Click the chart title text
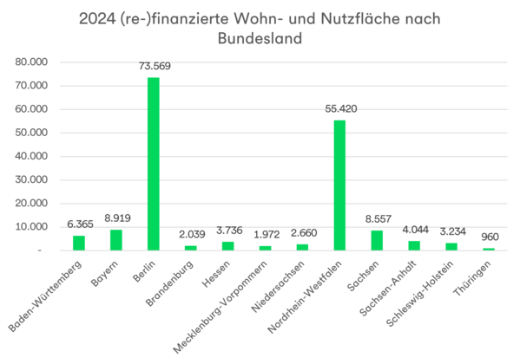tap(260, 27)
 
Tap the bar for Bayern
tap(115, 239)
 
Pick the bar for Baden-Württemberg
tap(79, 243)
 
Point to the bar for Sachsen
tap(377, 240)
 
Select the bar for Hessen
tap(227, 245)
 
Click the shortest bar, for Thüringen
tap(489, 249)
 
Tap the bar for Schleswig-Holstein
tap(451, 246)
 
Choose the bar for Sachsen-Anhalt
tap(414, 245)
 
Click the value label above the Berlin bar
tap(154, 67)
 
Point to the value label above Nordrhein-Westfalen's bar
tap(339, 109)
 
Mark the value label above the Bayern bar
tap(116, 218)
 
